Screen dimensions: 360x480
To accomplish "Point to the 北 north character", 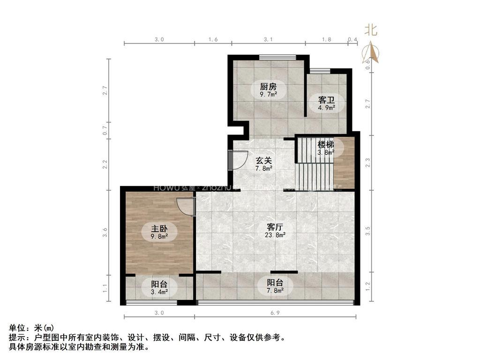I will [371, 30].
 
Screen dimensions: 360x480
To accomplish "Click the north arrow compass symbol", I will [371, 52].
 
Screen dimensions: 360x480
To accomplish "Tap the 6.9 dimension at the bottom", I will [275, 312].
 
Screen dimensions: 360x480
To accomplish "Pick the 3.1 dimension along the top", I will [268, 40].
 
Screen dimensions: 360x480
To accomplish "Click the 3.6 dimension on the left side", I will [105, 232].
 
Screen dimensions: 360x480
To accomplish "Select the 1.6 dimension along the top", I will [213, 40].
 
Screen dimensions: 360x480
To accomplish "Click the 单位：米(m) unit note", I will [31, 328].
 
